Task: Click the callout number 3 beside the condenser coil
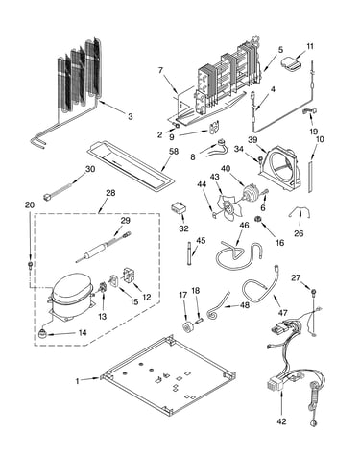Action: click(130, 116)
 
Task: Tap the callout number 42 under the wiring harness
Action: click(281, 421)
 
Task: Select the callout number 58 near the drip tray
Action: click(174, 151)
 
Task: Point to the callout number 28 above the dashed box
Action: click(110, 193)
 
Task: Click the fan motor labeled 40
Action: click(252, 193)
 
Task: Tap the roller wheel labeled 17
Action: click(186, 326)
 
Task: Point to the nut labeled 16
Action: click(257, 219)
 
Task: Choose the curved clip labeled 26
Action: click(300, 211)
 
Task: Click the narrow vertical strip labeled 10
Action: click(310, 177)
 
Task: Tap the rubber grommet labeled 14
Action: click(42, 334)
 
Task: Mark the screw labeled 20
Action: click(30, 265)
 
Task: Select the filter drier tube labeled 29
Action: click(102, 248)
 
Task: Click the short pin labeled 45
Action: click(189, 254)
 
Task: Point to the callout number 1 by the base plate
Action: click(77, 381)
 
